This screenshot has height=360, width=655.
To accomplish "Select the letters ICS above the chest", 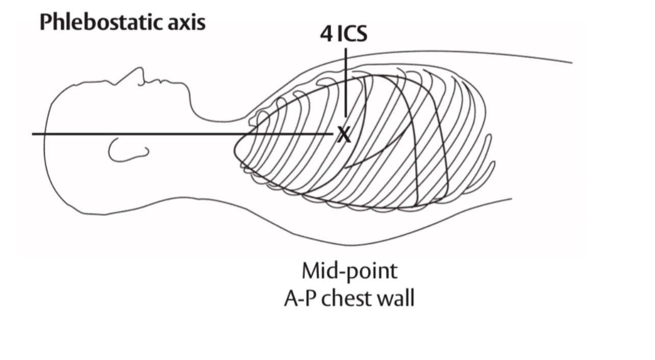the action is point(352,34).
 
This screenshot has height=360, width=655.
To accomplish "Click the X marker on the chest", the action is point(344,135).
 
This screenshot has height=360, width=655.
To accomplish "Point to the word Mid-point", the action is point(349,271).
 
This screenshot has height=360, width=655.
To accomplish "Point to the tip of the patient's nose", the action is point(139,68).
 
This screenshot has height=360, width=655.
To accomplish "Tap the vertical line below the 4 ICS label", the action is point(345,82).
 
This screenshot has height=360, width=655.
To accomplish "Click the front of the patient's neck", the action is point(214,120).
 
